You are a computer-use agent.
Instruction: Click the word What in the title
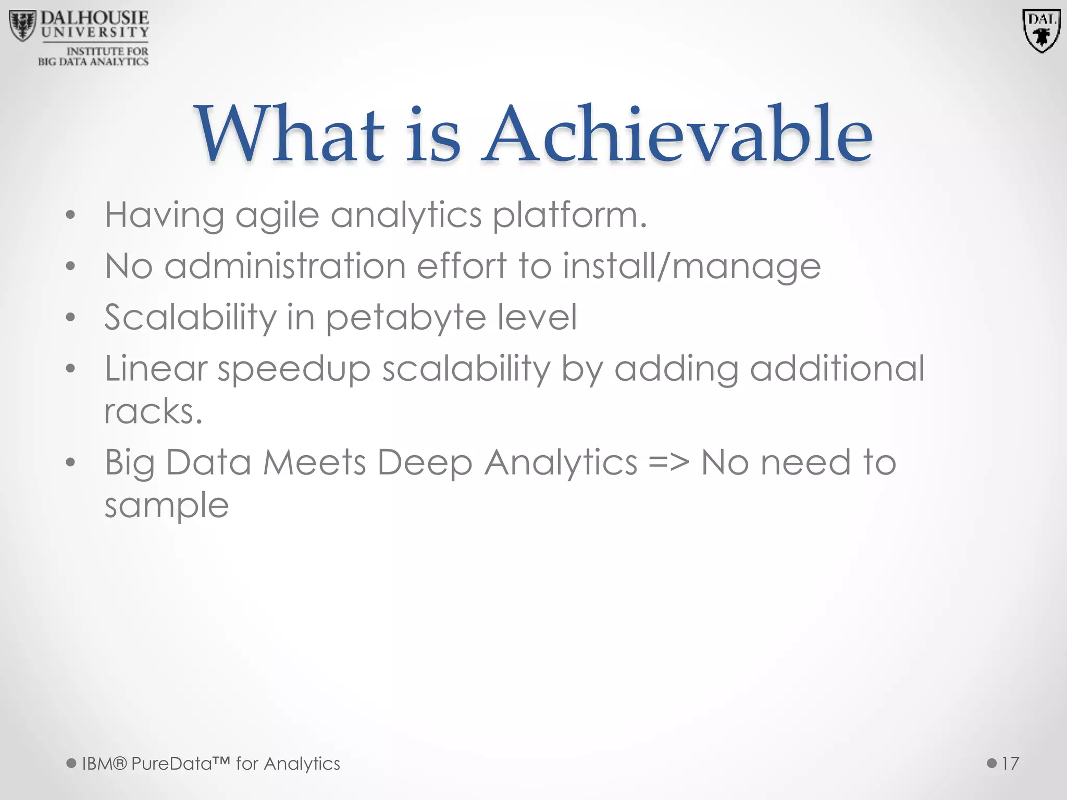point(290,134)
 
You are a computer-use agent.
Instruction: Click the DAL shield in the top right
point(1041,30)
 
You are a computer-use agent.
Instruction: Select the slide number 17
point(1010,764)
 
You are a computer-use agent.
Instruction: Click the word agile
point(277,216)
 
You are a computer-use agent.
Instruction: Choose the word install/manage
point(692,266)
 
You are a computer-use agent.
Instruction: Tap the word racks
point(153,411)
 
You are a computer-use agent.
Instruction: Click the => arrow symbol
point(669,463)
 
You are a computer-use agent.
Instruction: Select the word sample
point(167,505)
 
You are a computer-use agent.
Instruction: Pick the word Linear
point(156,369)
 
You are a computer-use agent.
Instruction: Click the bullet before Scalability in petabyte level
point(71,318)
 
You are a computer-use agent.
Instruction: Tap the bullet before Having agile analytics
point(71,216)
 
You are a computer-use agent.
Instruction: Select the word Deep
point(425,463)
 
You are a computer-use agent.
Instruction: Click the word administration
point(285,266)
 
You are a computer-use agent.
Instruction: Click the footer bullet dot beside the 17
point(992,764)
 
